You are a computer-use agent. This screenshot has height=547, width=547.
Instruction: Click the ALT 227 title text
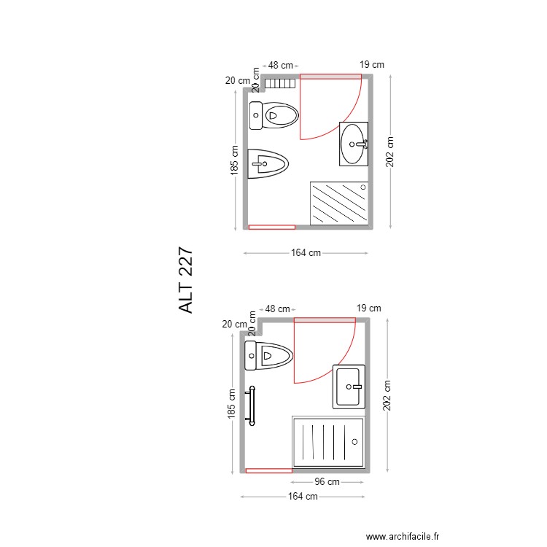coord(187,280)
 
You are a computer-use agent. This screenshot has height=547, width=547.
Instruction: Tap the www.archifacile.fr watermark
coord(403,536)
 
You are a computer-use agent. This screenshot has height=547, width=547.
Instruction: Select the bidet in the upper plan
coord(268,163)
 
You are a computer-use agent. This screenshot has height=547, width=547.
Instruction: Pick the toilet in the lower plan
coord(269,357)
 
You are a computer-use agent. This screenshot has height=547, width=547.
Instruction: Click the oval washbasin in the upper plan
coord(354,144)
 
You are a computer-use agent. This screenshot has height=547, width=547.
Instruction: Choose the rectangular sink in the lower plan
coord(349,386)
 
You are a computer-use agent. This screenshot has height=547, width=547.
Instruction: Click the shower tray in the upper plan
coord(340,203)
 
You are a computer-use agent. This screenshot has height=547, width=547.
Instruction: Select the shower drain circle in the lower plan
coord(354,441)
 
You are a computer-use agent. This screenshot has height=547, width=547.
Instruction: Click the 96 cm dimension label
coord(327,482)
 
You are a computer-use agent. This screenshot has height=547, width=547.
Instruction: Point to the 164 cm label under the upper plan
coord(306,253)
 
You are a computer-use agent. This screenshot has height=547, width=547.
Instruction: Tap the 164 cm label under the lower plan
coord(303,497)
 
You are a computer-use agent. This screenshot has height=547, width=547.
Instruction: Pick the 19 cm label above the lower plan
coord(369,309)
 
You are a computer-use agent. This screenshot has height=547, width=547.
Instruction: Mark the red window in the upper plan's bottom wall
coord(272,227)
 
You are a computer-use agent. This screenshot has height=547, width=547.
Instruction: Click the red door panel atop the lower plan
coord(324,319)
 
